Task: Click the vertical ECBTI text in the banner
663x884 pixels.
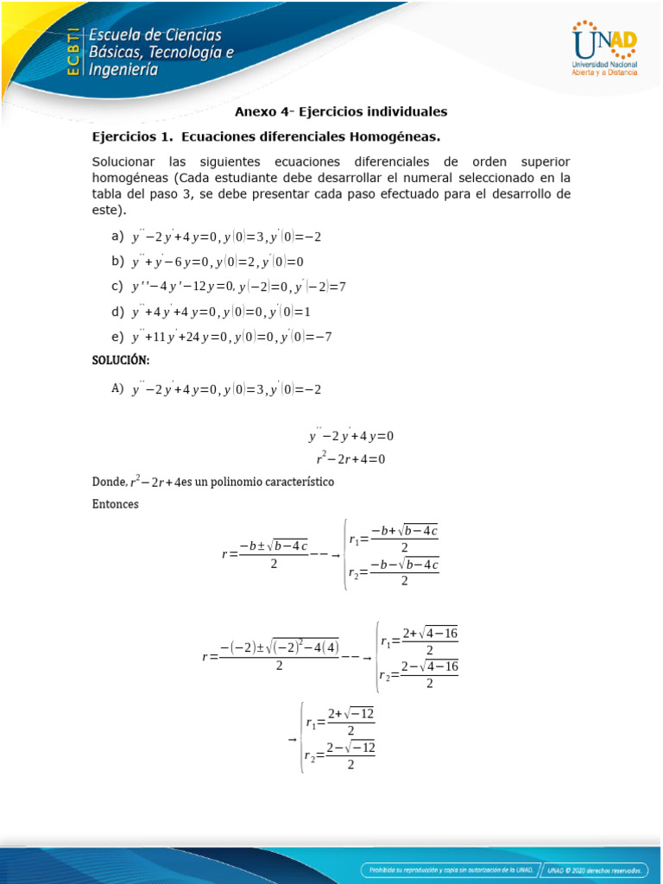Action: [74, 51]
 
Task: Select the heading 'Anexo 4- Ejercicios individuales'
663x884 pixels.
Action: [342, 112]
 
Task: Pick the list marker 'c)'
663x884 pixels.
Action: [117, 286]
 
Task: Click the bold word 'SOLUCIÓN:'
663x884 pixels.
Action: [121, 361]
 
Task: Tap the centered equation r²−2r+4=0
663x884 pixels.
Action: [350, 459]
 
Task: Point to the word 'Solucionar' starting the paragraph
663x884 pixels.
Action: [123, 161]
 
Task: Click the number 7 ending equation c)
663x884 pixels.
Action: [342, 287]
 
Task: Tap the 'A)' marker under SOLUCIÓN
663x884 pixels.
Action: [118, 389]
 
